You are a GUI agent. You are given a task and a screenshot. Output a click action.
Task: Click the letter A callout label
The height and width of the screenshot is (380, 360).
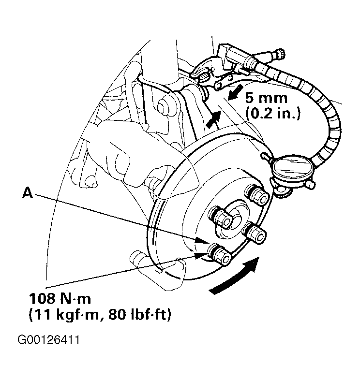[x=28, y=193]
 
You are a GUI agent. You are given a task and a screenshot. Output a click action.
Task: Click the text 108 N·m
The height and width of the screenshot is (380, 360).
[x=60, y=299]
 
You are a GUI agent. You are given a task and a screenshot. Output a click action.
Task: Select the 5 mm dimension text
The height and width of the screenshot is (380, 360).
[x=266, y=99]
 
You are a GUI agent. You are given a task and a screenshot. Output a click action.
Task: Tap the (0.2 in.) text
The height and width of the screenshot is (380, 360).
[x=273, y=114]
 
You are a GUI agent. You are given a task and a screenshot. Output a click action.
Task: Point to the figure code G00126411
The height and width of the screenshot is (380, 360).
[x=48, y=340]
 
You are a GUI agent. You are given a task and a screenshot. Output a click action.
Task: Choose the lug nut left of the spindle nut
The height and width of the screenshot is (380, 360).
[x=220, y=217]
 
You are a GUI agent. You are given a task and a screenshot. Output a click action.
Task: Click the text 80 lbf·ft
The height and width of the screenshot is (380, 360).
[x=140, y=315]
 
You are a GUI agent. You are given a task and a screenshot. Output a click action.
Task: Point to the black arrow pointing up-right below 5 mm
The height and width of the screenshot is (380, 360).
[x=213, y=119]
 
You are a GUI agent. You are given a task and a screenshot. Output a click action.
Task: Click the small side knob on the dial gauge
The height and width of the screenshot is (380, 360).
[x=311, y=185]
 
